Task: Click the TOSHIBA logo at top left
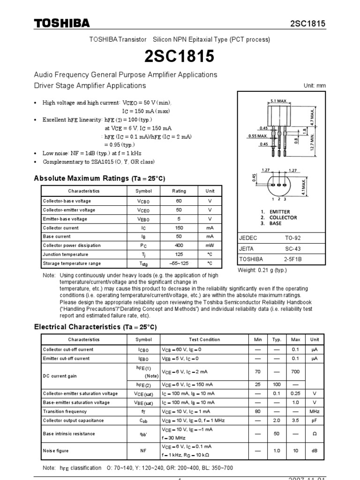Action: point(61,23)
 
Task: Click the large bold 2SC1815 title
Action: point(180,56)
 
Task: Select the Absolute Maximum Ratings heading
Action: point(99,179)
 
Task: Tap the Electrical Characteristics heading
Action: point(95,327)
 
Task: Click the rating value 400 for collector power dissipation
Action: point(179,246)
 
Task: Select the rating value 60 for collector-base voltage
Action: point(179,201)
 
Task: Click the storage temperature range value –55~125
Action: point(179,263)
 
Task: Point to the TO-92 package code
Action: point(293,238)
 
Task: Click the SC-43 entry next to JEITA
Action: point(293,248)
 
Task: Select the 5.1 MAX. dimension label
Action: point(279,100)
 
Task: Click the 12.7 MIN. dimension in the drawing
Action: point(313,142)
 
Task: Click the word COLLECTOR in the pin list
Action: point(283,218)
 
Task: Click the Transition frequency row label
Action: point(65,412)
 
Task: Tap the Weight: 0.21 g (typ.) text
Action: point(262,270)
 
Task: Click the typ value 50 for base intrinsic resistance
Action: point(277,434)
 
